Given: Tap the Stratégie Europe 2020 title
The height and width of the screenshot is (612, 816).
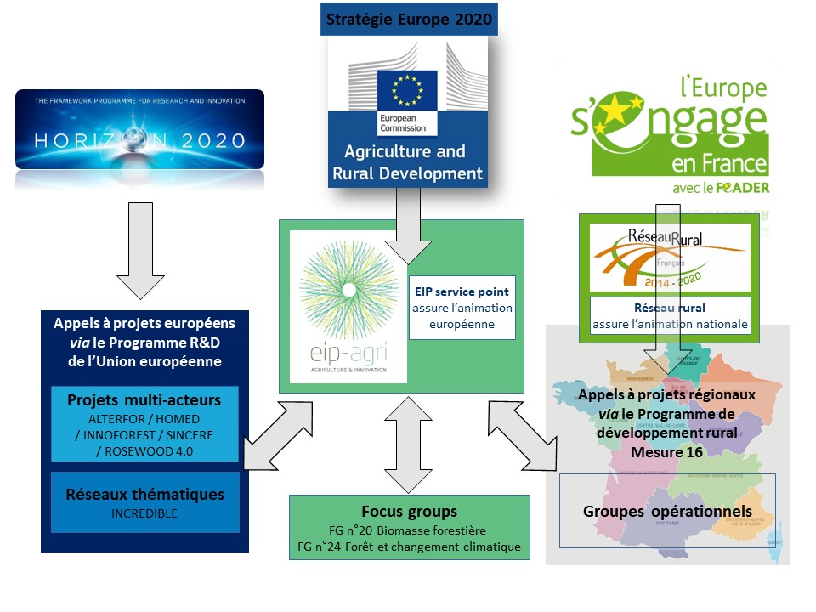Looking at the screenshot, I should click(408, 19).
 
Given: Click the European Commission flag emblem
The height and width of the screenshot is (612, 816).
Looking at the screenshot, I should click(407, 93).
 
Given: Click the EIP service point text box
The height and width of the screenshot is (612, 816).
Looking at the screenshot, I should click(462, 307).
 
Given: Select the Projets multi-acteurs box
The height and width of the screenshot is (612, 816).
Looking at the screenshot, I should click(144, 424).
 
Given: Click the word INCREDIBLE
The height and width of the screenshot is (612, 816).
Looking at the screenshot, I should click(144, 514).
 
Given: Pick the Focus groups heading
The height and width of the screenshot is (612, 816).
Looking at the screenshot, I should click(409, 512).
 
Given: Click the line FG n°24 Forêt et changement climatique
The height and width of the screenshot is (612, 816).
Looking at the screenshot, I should click(409, 547).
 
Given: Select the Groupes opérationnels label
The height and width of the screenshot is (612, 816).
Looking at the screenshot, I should click(667, 512).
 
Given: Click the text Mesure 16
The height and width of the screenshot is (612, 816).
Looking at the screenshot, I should click(667, 451).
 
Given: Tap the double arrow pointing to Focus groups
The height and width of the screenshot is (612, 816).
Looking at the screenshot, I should click(409, 444).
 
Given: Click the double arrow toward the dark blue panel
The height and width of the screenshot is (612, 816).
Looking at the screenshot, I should click(276, 437).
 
